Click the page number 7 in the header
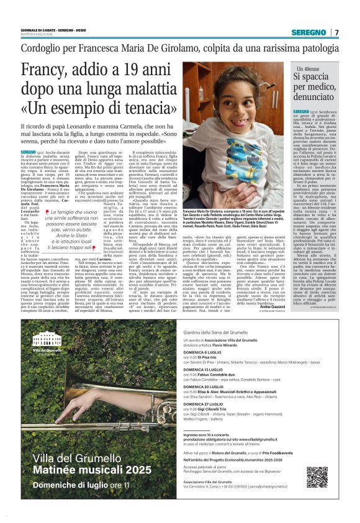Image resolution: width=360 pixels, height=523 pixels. click(x=336, y=32)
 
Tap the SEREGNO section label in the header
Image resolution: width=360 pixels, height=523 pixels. click(x=309, y=32)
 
